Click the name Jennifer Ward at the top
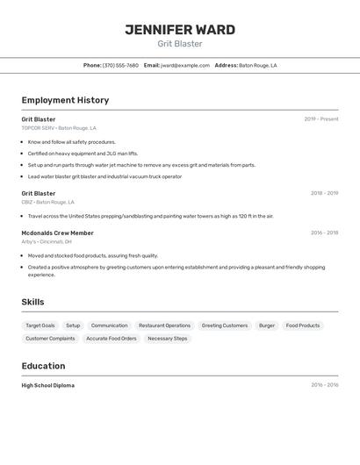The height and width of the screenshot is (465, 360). [x=180, y=30]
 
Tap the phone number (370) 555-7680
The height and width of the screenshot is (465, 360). [x=120, y=65]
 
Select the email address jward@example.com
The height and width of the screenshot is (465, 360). [x=184, y=65]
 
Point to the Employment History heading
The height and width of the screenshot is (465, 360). [x=65, y=100]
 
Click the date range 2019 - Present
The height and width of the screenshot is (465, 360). [x=320, y=119]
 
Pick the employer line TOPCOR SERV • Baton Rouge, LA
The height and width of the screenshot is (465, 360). [x=59, y=128]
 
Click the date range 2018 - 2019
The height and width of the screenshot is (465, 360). [x=324, y=193]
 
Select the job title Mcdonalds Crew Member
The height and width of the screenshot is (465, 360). [x=57, y=233]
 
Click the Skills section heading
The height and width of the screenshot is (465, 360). [x=32, y=303]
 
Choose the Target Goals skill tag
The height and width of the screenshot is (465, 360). [x=40, y=325]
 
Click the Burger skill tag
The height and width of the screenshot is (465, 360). [x=266, y=325]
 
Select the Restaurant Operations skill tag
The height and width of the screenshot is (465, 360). [x=164, y=325]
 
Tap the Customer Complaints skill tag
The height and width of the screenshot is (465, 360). [x=50, y=338]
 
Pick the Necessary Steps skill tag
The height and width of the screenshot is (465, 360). [x=167, y=338]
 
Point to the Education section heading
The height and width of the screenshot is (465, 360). [x=43, y=366]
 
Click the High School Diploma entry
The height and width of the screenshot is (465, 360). [x=47, y=385]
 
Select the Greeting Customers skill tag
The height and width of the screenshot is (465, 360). [x=225, y=325]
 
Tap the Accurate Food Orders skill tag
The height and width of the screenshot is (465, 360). [x=112, y=338]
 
